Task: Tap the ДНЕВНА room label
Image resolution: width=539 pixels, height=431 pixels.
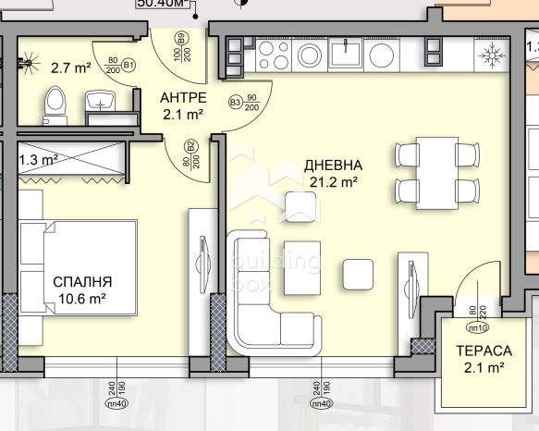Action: click(x=333, y=166)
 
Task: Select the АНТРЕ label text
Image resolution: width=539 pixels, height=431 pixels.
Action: click(x=181, y=98)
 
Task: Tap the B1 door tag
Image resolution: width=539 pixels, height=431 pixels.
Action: click(x=129, y=65)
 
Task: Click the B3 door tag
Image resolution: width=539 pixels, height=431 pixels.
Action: click(x=236, y=101)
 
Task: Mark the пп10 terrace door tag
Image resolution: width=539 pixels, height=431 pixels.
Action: click(x=479, y=326)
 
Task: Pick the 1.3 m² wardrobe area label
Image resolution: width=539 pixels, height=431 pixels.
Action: click(x=39, y=158)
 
